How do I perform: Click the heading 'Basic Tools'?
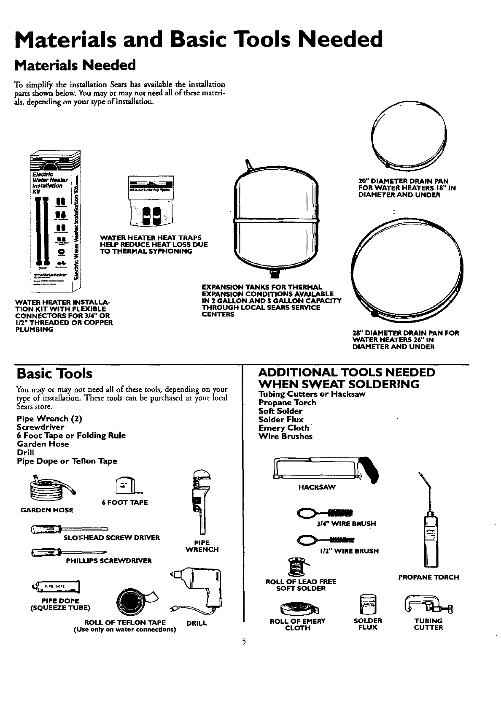pyautogui.click(x=54, y=373)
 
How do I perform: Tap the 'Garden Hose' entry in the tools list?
pyautogui.click(x=43, y=444)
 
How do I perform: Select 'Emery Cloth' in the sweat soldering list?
pyautogui.click(x=283, y=428)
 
